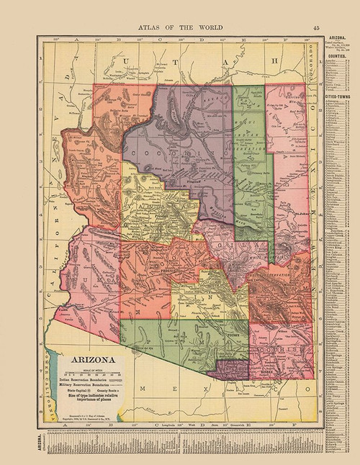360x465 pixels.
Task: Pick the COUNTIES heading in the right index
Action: [x=335, y=55]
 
